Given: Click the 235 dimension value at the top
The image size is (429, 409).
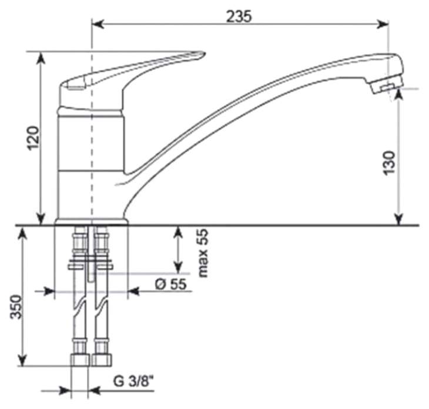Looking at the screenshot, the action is pyautogui.click(x=239, y=16).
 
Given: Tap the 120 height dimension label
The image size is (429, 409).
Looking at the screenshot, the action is pyautogui.click(x=33, y=138).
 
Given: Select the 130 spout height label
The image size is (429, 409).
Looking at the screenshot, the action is pyautogui.click(x=389, y=163).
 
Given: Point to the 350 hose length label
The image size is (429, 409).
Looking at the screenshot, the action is pyautogui.click(x=16, y=306).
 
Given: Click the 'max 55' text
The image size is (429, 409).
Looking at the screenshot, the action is pyautogui.click(x=203, y=253).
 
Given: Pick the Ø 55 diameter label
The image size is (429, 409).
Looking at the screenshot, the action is pyautogui.click(x=171, y=284).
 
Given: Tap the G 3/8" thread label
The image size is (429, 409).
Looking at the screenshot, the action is pyautogui.click(x=134, y=381).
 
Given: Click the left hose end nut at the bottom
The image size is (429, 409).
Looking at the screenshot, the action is pyautogui.click(x=80, y=360).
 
